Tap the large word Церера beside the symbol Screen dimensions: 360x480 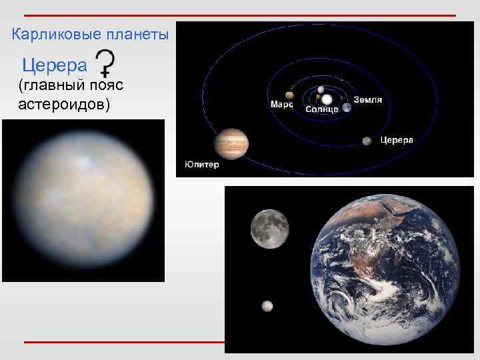(x=55, y=66)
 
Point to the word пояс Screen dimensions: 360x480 (x=101, y=85)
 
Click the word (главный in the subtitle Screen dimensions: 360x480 (x=47, y=85)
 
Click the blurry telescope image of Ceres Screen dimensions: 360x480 (x=83, y=200)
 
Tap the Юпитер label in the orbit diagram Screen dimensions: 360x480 (x=201, y=165)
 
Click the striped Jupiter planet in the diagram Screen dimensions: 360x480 (x=231, y=143)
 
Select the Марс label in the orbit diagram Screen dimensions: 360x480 (x=281, y=105)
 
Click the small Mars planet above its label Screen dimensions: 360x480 (x=289, y=95)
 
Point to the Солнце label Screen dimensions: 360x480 (x=322, y=109)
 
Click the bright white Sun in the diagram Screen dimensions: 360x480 (x=327, y=99)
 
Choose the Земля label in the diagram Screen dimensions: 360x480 (x=367, y=100)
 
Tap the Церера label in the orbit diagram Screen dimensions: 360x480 (x=397, y=140)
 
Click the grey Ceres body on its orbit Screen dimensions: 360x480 (x=367, y=141)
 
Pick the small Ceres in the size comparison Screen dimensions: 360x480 (x=267, y=306)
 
